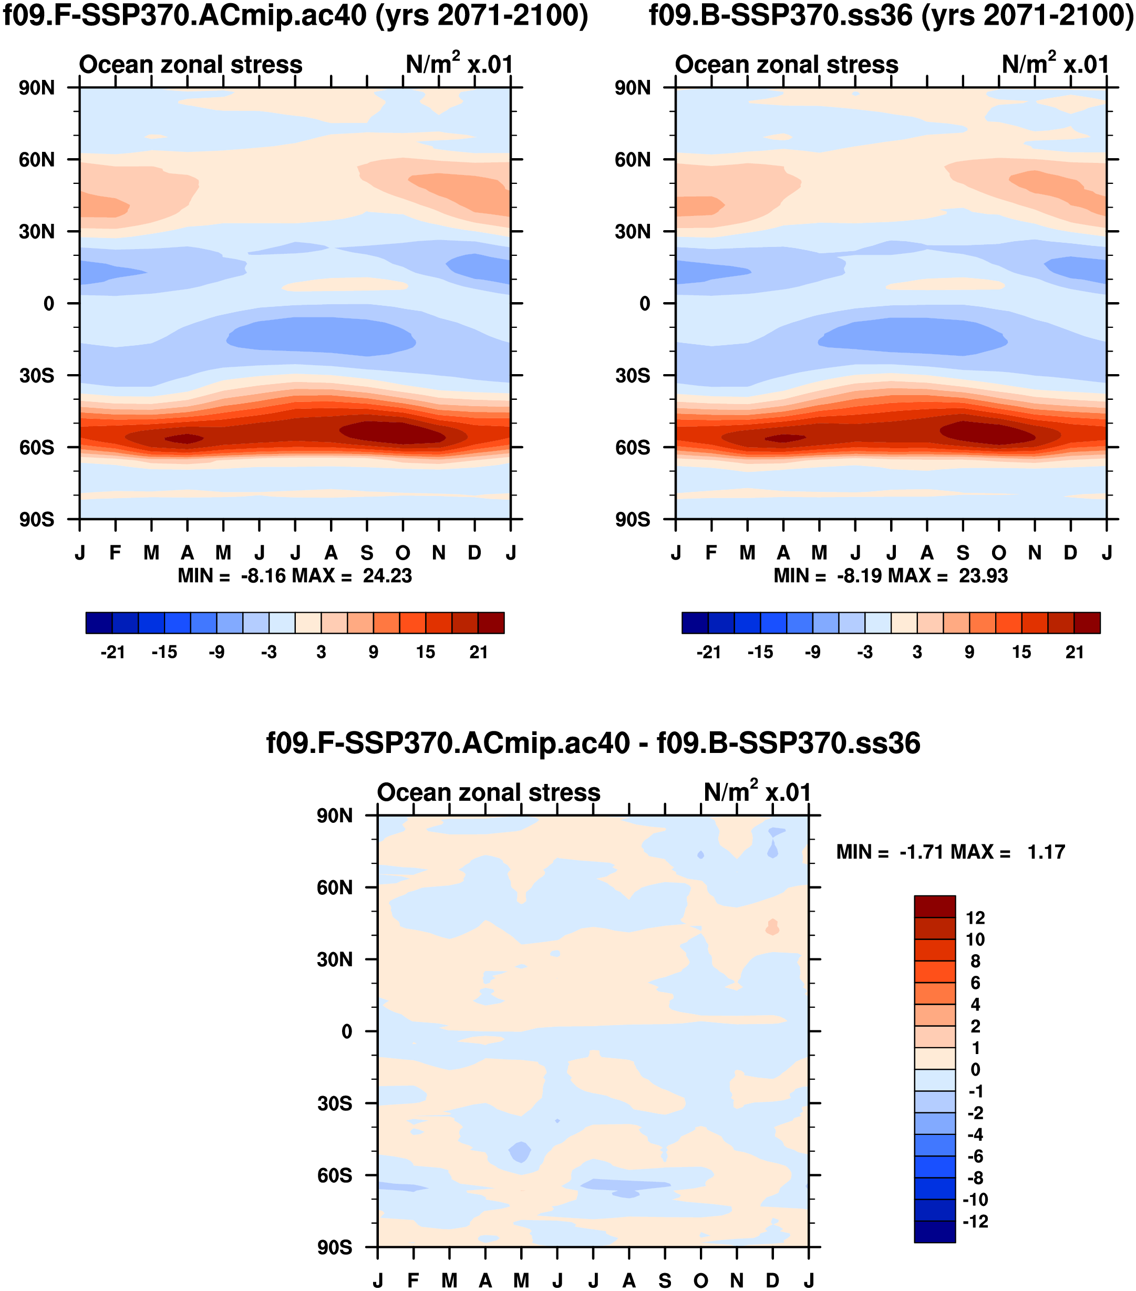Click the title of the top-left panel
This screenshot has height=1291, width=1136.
coord(295,16)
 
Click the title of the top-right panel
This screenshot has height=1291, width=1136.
coord(891,16)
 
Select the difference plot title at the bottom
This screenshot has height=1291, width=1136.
coord(593,743)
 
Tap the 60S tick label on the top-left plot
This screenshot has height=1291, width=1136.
coord(36,448)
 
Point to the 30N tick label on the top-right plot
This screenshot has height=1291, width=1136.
coord(632,232)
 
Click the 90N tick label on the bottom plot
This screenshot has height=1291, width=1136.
coord(334,816)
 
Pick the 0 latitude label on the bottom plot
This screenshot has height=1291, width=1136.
coord(347,1032)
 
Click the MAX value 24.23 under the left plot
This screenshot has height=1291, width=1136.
coord(387,576)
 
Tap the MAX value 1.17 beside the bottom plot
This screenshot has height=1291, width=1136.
coord(1046,852)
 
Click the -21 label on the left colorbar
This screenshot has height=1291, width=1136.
coord(112,653)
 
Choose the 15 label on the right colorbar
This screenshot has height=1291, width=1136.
coord(1021,653)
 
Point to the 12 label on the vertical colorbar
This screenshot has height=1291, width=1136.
coord(975,918)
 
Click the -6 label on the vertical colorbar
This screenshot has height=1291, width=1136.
coord(975,1156)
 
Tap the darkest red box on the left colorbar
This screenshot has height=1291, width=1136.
coord(491,623)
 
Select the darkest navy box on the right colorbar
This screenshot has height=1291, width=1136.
coord(695,623)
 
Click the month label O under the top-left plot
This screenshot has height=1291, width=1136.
coord(403,553)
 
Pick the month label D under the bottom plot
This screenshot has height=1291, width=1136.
coord(772,1281)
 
